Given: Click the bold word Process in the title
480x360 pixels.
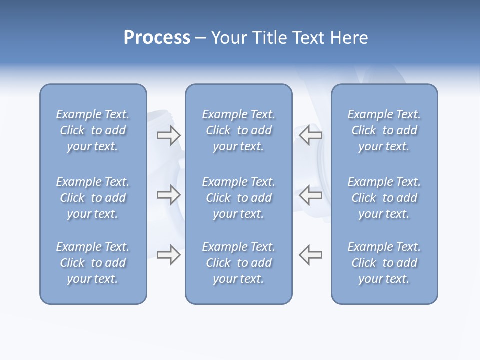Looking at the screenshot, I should (x=157, y=38).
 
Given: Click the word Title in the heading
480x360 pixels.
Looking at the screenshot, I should (x=270, y=38).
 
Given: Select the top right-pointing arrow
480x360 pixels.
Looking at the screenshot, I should (x=168, y=135).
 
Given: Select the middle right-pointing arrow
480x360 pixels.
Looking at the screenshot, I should (x=168, y=195).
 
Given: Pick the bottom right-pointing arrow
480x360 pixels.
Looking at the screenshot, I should (x=168, y=255).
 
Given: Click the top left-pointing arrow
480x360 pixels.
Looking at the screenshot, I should (x=311, y=135).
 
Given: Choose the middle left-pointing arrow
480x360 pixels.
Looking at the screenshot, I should (x=311, y=195).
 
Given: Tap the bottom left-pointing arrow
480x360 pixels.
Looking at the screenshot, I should (x=311, y=255).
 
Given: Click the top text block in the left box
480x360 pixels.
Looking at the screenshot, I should (x=93, y=130).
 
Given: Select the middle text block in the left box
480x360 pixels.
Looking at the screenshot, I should (x=93, y=198).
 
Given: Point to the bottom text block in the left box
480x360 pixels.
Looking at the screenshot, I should (x=93, y=263).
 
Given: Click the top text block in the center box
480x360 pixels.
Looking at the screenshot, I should (x=238, y=130).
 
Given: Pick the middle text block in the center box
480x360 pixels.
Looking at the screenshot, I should (x=238, y=198).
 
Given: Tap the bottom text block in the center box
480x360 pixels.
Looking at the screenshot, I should (x=238, y=263).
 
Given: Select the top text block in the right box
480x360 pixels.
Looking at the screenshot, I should (x=384, y=130).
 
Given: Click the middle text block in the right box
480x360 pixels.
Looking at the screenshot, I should (x=384, y=198).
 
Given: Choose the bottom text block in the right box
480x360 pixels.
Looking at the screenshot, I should (x=384, y=263).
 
